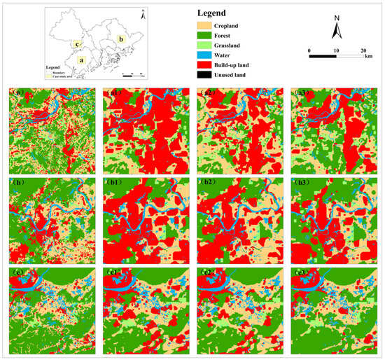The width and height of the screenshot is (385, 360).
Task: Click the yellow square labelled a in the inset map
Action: pos(83,60)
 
